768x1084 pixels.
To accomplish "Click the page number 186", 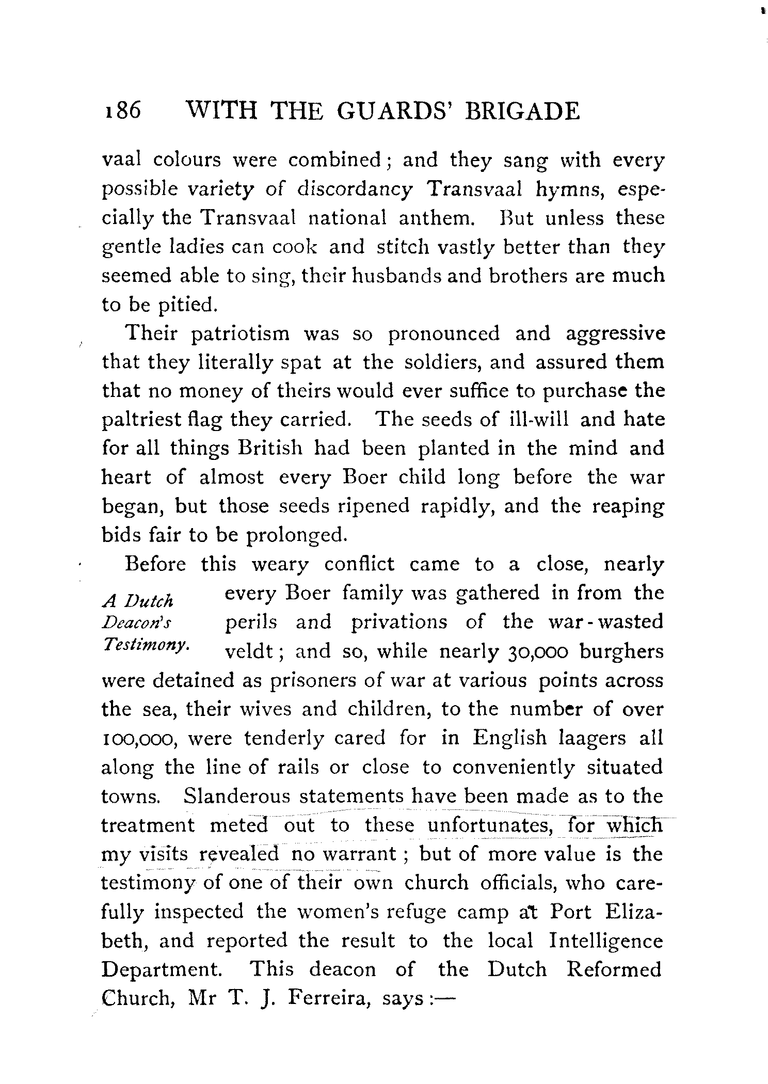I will [x=122, y=110].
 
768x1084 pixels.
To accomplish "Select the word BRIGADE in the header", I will [x=522, y=110].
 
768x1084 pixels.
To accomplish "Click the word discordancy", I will [x=355, y=190].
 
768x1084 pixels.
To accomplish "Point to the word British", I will [x=269, y=448].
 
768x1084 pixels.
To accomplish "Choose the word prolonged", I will [x=295, y=535].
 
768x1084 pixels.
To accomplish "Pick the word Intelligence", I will [x=605, y=940].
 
